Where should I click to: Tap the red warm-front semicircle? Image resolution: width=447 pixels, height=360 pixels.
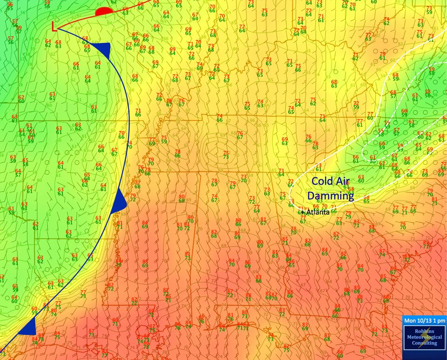(103, 12)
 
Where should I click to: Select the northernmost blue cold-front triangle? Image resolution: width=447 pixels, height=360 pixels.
(105, 48)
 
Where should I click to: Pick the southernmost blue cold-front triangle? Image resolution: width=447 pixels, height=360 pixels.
(29, 327)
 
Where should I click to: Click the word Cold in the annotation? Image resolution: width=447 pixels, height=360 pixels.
(324, 181)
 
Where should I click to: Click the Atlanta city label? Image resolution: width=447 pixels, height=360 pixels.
(318, 212)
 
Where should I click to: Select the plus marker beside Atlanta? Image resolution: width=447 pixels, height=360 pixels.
(303, 212)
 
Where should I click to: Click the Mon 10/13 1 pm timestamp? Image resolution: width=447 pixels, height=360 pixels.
(424, 321)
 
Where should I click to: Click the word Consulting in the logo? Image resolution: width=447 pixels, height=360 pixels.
(424, 343)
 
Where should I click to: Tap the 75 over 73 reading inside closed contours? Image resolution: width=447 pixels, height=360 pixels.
(226, 155)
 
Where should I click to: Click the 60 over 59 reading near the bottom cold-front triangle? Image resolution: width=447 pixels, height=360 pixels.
(34, 310)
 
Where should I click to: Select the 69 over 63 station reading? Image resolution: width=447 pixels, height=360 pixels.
(284, 141)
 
